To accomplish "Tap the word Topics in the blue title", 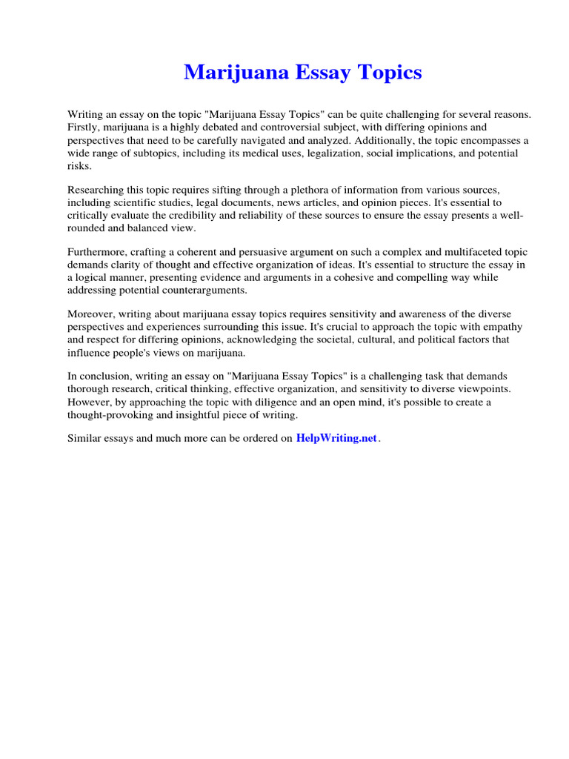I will coord(386,73).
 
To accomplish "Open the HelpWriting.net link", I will coord(336,438).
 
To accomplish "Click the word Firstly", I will coord(84,127).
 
